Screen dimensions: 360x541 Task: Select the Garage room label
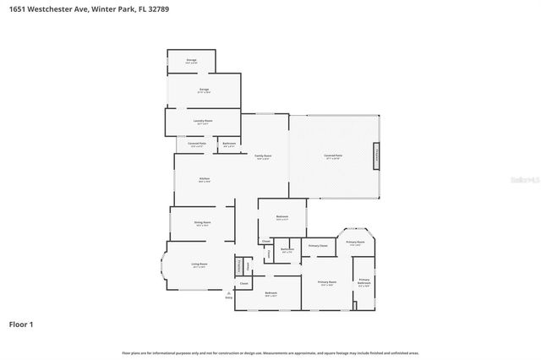[204, 90]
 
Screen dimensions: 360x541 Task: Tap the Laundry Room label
[204, 121]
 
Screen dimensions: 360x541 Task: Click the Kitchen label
[204, 178]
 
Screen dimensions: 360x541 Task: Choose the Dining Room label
[203, 222]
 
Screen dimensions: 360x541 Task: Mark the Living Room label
[199, 265]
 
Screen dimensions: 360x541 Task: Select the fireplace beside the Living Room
[239, 265]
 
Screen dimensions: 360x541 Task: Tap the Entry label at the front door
[228, 297]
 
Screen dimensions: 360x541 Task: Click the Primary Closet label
[318, 245]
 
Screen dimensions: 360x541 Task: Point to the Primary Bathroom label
[363, 281]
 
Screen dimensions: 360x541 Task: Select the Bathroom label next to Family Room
[229, 144]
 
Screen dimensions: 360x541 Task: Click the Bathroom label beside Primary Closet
[287, 249]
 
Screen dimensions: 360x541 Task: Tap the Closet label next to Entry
[243, 284]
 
